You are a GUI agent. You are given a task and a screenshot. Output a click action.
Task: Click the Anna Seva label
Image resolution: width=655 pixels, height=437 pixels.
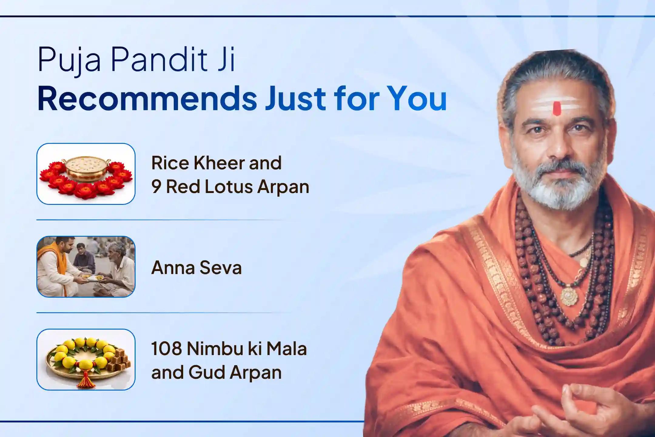(x=196, y=268)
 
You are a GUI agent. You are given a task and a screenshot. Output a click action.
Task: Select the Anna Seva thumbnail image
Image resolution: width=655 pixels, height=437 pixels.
(x=86, y=266)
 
